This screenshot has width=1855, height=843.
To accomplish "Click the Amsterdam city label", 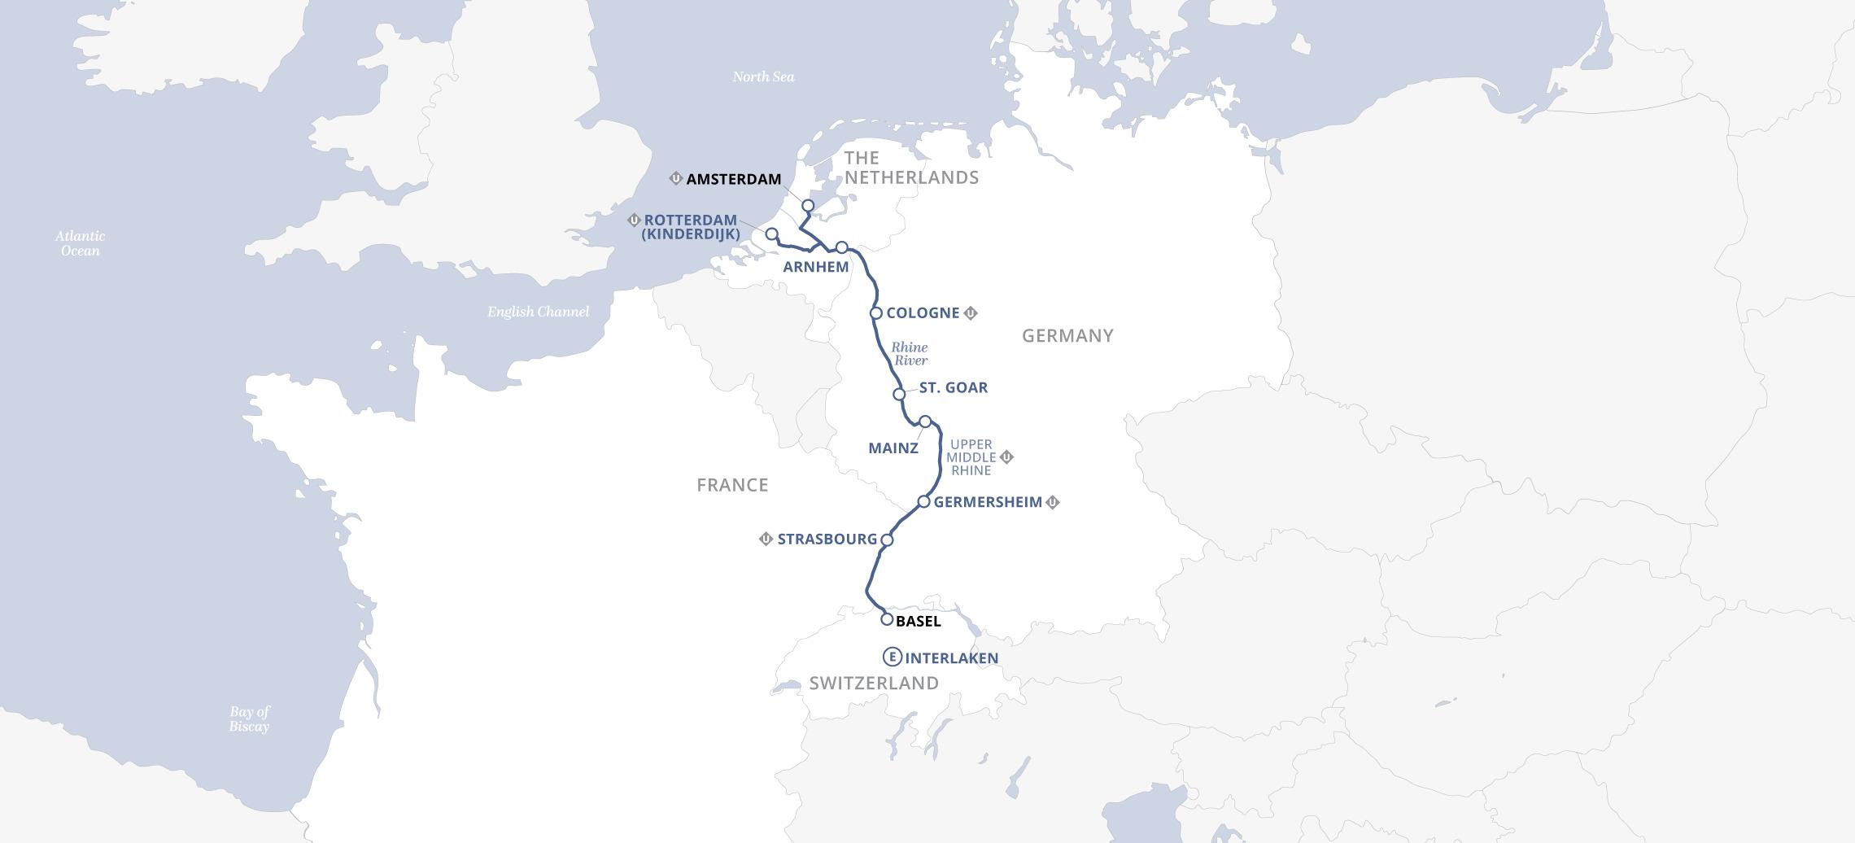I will click(733, 179).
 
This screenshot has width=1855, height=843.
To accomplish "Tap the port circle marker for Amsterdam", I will click(808, 206).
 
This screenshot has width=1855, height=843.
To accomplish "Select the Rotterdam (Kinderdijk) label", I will click(691, 227).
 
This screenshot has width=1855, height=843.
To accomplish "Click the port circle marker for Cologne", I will click(876, 313).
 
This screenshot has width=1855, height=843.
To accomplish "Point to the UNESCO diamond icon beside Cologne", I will click(971, 313).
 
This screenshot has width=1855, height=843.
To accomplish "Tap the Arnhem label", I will click(815, 267).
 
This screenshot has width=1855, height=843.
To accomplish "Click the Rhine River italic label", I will click(910, 354).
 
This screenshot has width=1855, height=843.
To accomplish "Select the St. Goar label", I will click(953, 388).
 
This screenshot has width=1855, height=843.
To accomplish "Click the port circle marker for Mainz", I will click(925, 421).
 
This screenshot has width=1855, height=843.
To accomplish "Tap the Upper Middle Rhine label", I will click(971, 457).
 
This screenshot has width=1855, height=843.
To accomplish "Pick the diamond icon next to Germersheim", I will click(1052, 503).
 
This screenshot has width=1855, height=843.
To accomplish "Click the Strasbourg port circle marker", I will click(887, 539).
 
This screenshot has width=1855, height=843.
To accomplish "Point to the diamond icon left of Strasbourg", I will click(766, 539).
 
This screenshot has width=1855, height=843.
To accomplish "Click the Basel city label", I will click(918, 622).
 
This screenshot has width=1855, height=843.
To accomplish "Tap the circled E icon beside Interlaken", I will click(892, 657).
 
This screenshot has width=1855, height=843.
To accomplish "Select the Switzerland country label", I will click(874, 684).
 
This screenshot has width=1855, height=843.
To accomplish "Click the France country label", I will click(732, 485).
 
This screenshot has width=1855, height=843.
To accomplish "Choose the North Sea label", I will click(762, 77).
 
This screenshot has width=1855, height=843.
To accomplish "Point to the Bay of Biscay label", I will click(249, 719).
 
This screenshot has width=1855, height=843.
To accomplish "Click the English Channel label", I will click(538, 312).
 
